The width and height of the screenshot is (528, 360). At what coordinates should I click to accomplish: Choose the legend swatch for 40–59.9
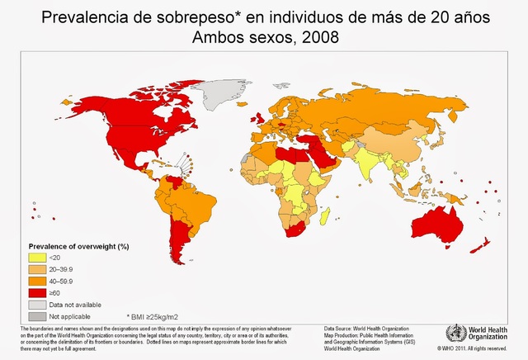click(37, 280)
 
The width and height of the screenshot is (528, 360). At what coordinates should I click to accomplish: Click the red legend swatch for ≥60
click(37, 291)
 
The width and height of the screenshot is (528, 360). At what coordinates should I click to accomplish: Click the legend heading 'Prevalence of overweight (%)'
click(78, 246)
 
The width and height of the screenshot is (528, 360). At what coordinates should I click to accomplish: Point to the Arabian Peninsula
click(321, 153)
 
